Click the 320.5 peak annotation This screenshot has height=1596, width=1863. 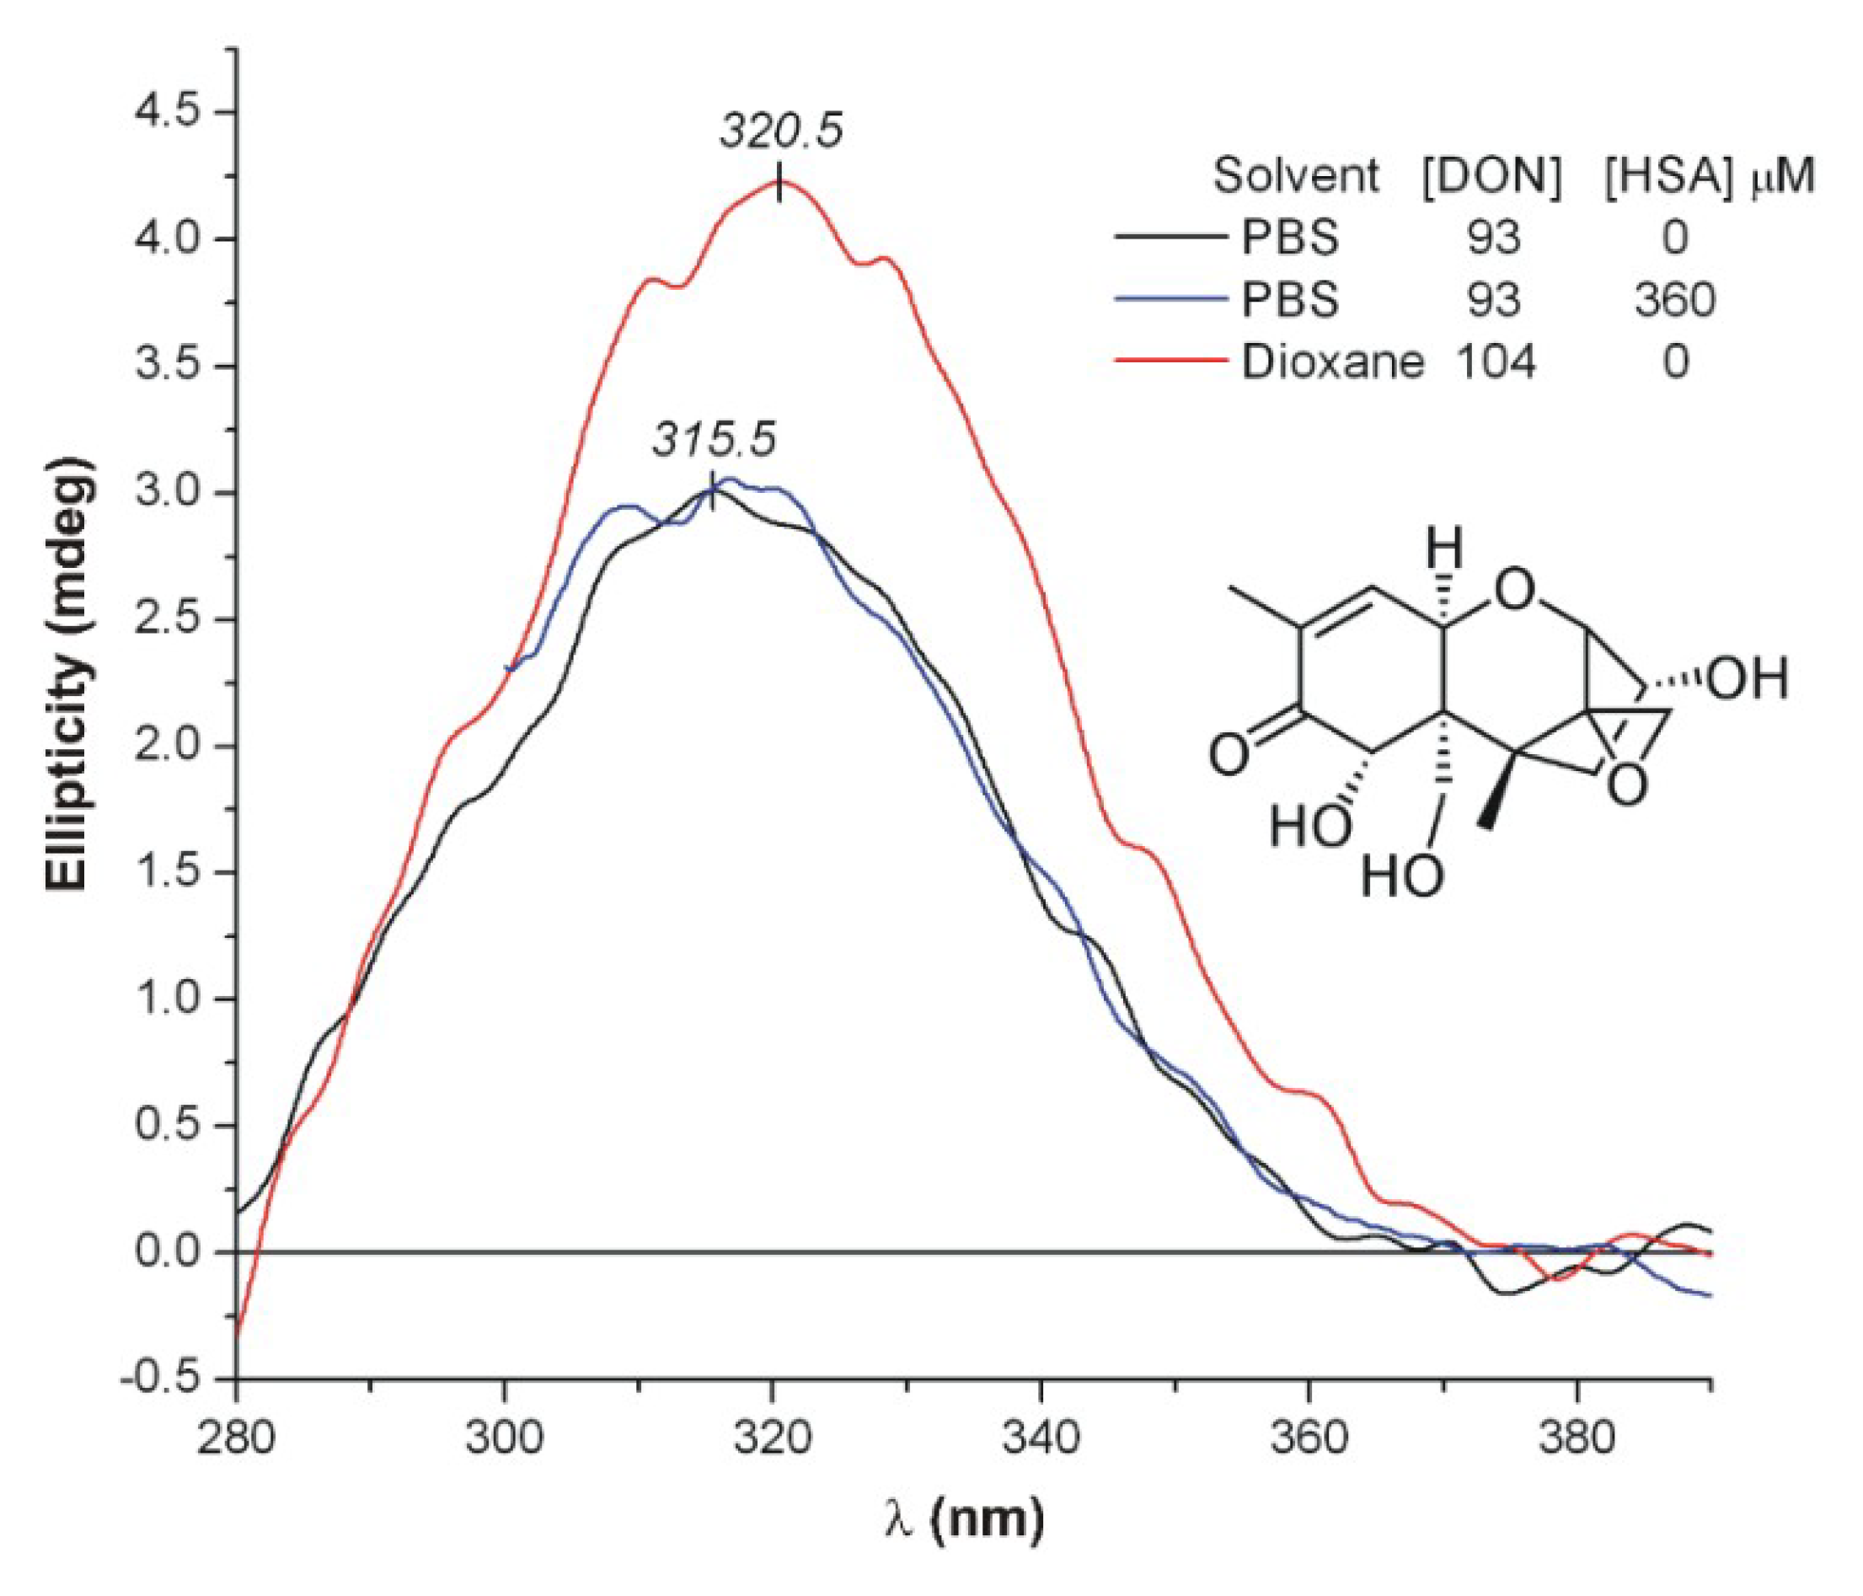(780, 131)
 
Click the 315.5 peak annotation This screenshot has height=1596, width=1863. (714, 441)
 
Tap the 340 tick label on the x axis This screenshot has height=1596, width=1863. (1041, 1438)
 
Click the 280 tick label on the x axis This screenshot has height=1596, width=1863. (237, 1438)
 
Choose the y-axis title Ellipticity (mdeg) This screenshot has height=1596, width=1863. (68, 674)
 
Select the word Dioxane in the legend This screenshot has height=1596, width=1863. (1332, 362)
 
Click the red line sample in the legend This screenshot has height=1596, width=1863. (1170, 361)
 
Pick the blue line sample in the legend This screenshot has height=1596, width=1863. (1170, 297)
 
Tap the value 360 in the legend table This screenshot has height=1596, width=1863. (1674, 298)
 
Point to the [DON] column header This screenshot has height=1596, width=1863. (1491, 176)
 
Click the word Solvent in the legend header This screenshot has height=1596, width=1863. (1296, 176)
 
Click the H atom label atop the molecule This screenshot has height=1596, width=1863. (1445, 546)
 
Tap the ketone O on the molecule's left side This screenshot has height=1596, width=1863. (1229, 753)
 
